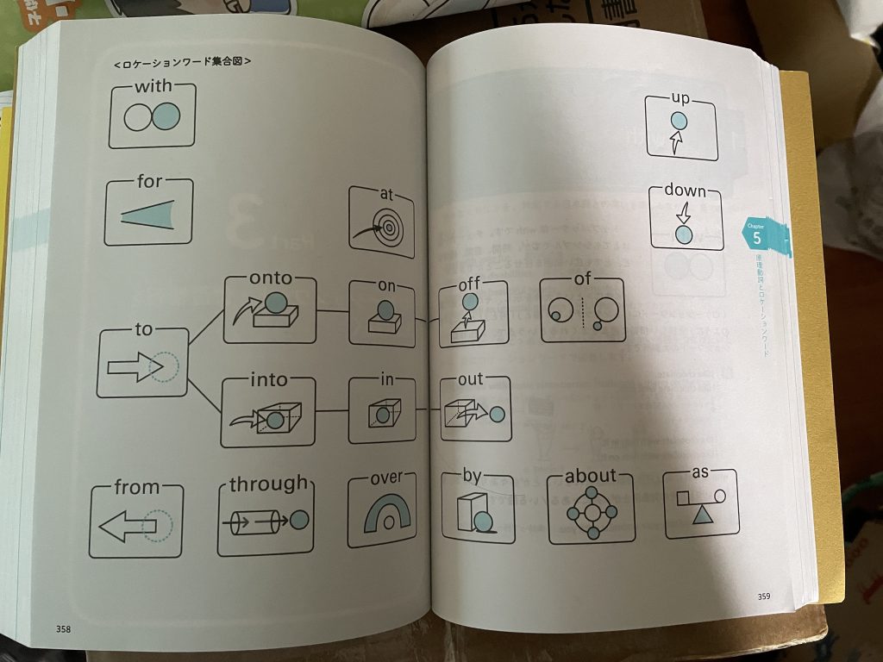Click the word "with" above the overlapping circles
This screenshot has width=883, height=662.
point(153,88)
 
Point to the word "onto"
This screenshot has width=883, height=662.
point(271,278)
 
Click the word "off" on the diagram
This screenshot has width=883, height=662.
point(469,284)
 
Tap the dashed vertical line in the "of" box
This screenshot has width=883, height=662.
point(583,313)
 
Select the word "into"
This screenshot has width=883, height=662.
point(268,379)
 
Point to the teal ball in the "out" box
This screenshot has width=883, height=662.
point(497,415)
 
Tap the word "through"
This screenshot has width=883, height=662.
point(267,484)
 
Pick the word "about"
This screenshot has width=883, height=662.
point(591,476)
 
